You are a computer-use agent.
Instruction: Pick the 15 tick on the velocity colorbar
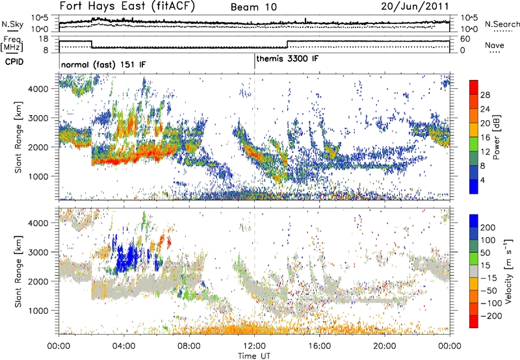point(486,266)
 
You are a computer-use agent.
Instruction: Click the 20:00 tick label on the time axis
point(384,344)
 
